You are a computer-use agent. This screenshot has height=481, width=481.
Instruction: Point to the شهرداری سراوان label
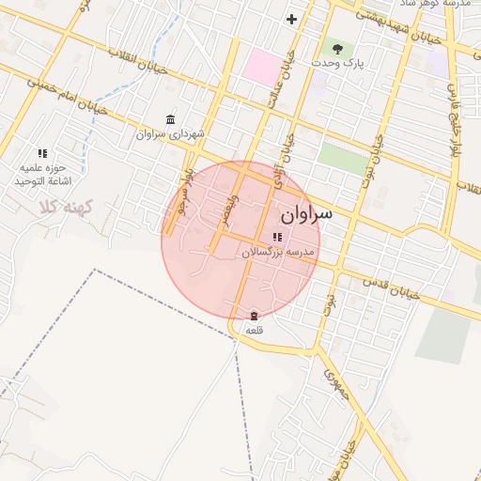pos(170,134)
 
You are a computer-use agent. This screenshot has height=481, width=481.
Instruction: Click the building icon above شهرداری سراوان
pos(170,119)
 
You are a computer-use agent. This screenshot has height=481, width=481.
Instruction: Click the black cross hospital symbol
pos(292,19)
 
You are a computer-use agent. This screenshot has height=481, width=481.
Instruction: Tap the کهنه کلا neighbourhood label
pos(65,206)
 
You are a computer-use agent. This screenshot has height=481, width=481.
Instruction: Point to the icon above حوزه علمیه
pos(42,152)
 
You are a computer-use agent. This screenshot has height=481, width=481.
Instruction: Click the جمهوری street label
pos(336,385)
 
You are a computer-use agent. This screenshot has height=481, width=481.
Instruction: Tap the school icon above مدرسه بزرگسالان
pos(276,238)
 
